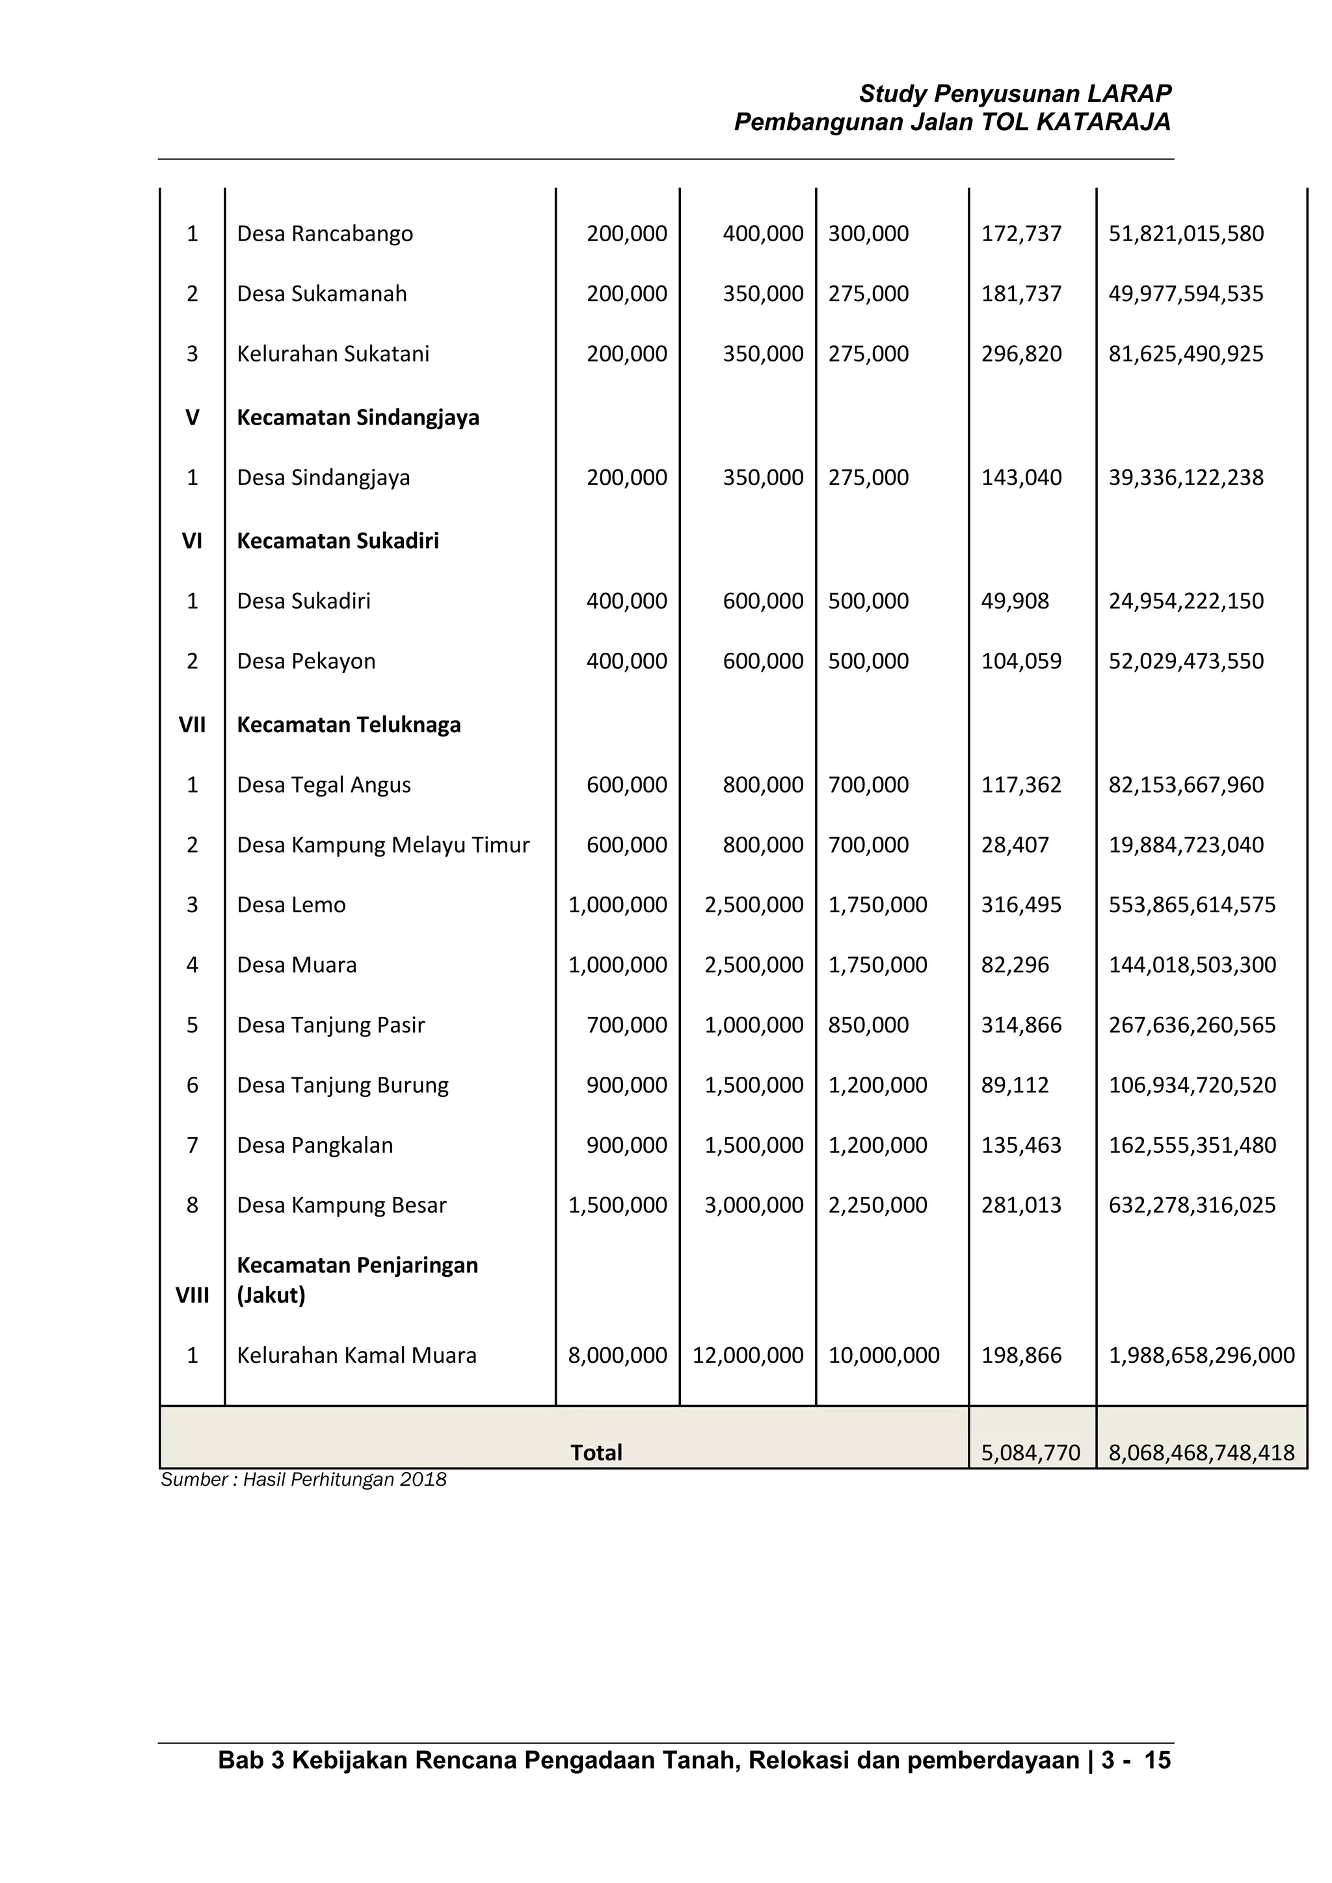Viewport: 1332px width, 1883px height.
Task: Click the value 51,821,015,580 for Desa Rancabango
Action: click(1186, 233)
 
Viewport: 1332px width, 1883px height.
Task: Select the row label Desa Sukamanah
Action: click(321, 294)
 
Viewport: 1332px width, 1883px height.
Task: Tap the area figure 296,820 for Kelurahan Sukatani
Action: click(1021, 354)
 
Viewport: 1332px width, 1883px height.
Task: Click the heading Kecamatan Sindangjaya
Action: click(358, 417)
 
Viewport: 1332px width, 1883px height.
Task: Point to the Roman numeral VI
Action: click(192, 540)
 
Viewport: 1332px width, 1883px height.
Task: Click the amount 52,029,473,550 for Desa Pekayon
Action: click(1186, 661)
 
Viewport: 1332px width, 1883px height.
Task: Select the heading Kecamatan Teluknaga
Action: click(349, 725)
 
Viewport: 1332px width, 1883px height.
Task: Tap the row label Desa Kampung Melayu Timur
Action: click(383, 845)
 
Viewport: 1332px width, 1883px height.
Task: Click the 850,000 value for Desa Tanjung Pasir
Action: click(868, 1025)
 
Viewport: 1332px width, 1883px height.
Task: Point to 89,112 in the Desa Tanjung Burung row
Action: click(1015, 1085)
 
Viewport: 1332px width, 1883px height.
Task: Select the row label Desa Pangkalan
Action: click(315, 1145)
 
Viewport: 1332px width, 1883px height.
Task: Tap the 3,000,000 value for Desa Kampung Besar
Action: click(754, 1205)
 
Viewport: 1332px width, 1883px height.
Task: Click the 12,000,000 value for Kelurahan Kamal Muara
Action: click(747, 1355)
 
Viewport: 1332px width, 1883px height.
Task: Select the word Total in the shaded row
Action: click(596, 1453)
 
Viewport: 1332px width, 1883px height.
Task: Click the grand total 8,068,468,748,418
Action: click(1201, 1453)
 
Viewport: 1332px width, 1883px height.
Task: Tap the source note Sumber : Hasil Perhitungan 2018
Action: click(304, 1479)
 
